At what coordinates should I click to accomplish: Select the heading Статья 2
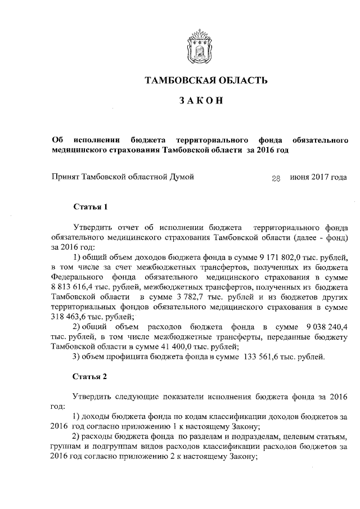pos(90,377)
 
